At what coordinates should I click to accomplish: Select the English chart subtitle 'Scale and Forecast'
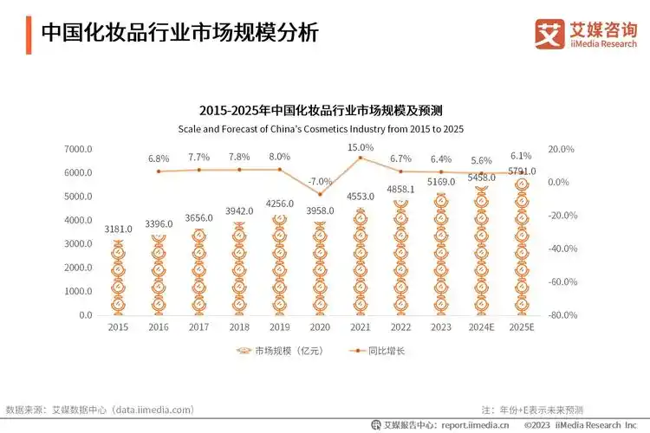321,128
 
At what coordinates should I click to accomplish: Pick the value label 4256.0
280,204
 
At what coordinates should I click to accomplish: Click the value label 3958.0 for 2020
320,211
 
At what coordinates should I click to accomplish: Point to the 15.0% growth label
360,147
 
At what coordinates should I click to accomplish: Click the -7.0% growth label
320,181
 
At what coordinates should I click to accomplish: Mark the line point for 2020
320,194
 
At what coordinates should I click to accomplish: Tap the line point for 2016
159,171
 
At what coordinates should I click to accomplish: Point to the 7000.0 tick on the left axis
78,149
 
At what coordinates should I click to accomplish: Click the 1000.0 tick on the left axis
78,292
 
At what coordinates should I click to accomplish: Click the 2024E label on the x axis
481,327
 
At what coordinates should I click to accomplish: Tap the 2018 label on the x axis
239,327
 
